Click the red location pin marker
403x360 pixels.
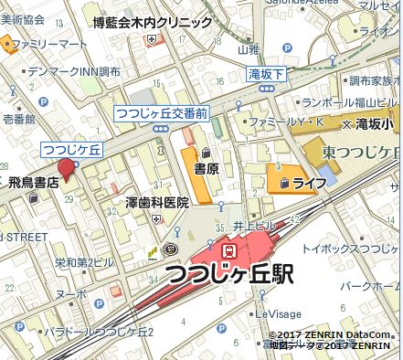coord(66,168)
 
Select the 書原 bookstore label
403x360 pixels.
coord(206,169)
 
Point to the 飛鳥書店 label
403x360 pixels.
coord(34,183)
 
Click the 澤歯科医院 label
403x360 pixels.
coord(156,202)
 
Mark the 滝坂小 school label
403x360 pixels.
coord(376,122)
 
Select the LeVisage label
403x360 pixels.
coord(278,312)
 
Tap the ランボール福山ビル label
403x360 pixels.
coord(352,103)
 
